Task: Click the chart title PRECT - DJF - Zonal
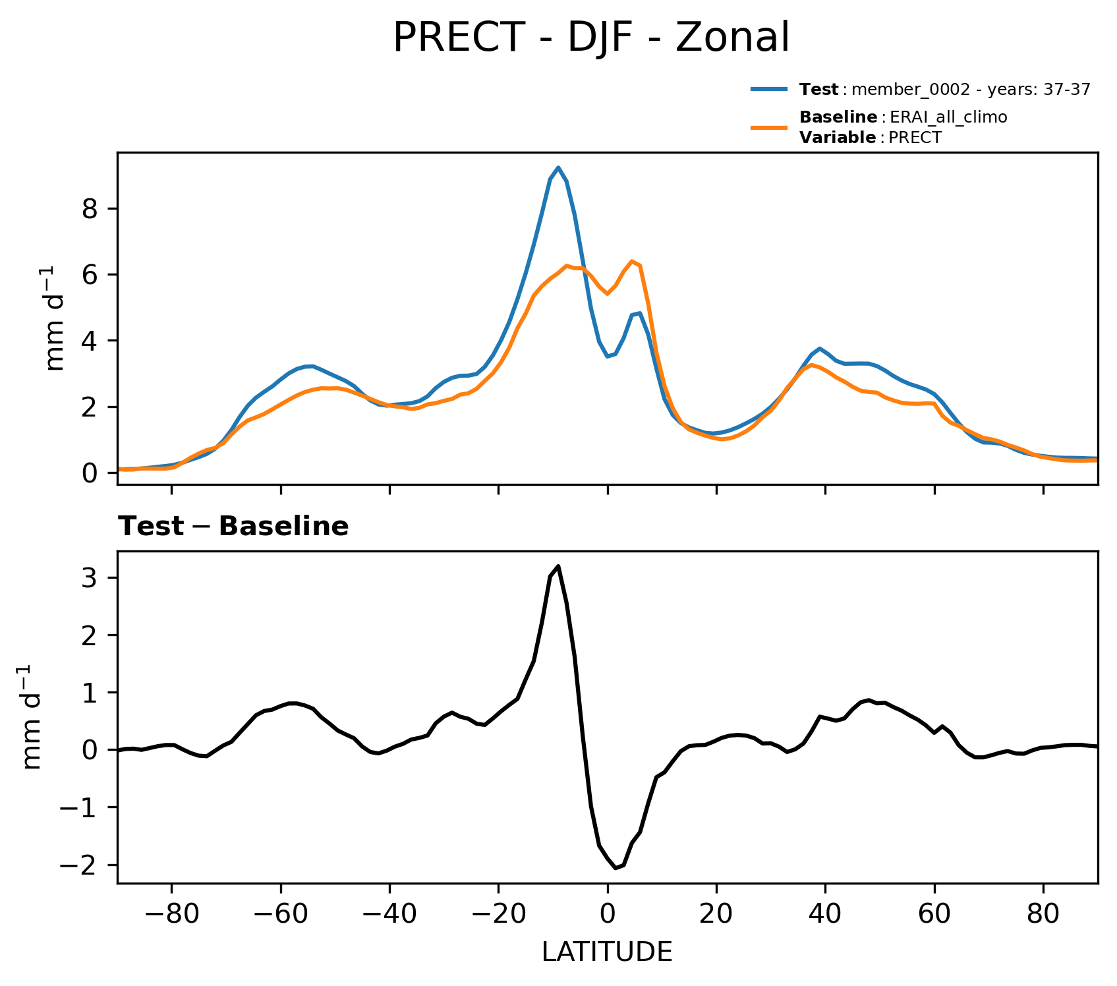(x=590, y=38)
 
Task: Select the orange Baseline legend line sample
(x=769, y=127)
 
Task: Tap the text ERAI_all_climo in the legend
(x=948, y=117)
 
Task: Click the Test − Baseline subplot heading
(x=233, y=527)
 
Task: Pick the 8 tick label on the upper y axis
(x=91, y=209)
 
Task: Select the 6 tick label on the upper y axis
(x=91, y=275)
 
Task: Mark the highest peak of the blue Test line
(x=558, y=167)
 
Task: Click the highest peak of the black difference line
(x=558, y=566)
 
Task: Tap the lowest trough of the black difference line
(x=616, y=868)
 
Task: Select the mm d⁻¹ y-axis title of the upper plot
(x=57, y=318)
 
